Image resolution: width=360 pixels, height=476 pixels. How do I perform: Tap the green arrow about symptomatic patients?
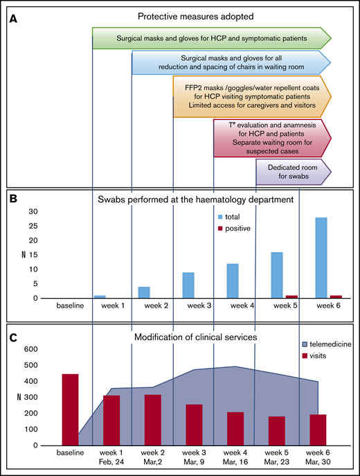(x=212, y=38)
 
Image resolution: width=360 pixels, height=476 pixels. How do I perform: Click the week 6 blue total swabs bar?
(x=321, y=258)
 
